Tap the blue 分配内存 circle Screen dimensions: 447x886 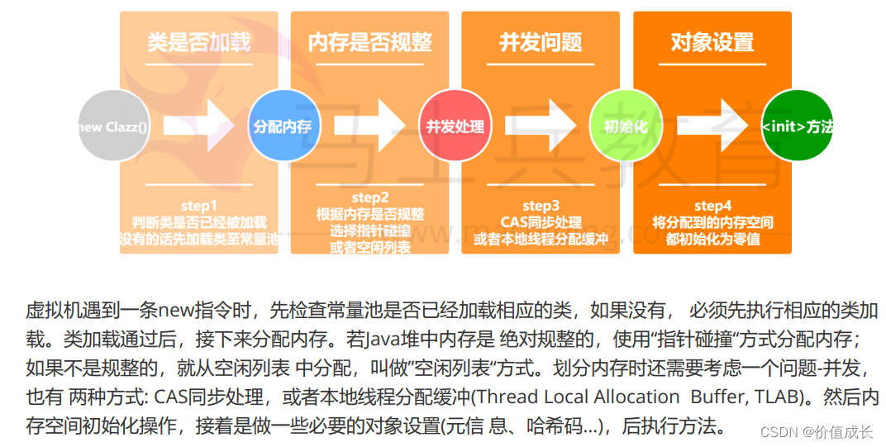(283, 126)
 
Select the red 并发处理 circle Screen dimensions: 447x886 (455, 126)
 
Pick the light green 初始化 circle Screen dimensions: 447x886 (625, 126)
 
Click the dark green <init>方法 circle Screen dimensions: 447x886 (796, 126)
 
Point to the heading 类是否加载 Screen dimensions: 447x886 (198, 42)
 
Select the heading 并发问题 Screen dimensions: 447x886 (541, 42)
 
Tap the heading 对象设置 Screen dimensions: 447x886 (712, 42)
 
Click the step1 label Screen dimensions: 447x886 (198, 206)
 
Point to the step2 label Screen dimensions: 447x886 (369, 198)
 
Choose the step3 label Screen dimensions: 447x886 (541, 206)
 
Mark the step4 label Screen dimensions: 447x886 (712, 206)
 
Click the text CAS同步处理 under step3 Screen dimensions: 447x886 (541, 222)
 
